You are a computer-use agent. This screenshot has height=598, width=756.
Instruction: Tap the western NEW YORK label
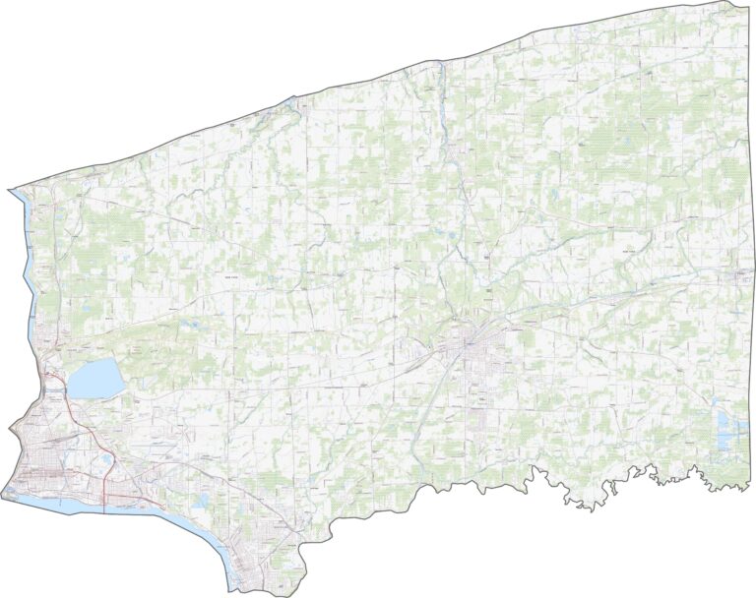point(232,278)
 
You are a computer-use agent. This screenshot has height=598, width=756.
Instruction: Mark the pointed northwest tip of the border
point(9,189)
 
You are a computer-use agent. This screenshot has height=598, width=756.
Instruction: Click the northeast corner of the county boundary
point(745,4)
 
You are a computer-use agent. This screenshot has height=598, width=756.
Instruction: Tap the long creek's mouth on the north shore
point(434,64)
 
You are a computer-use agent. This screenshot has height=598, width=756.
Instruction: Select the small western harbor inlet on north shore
point(294,99)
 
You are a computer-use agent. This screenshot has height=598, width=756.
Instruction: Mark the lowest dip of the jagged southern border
point(583,508)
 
